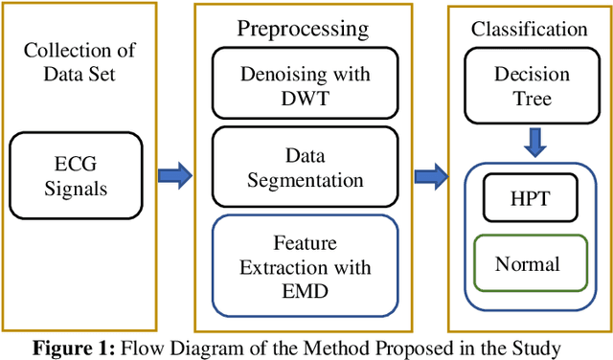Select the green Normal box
click(x=527, y=263)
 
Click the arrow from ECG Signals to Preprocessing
click(x=174, y=175)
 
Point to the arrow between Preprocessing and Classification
click(x=430, y=175)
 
